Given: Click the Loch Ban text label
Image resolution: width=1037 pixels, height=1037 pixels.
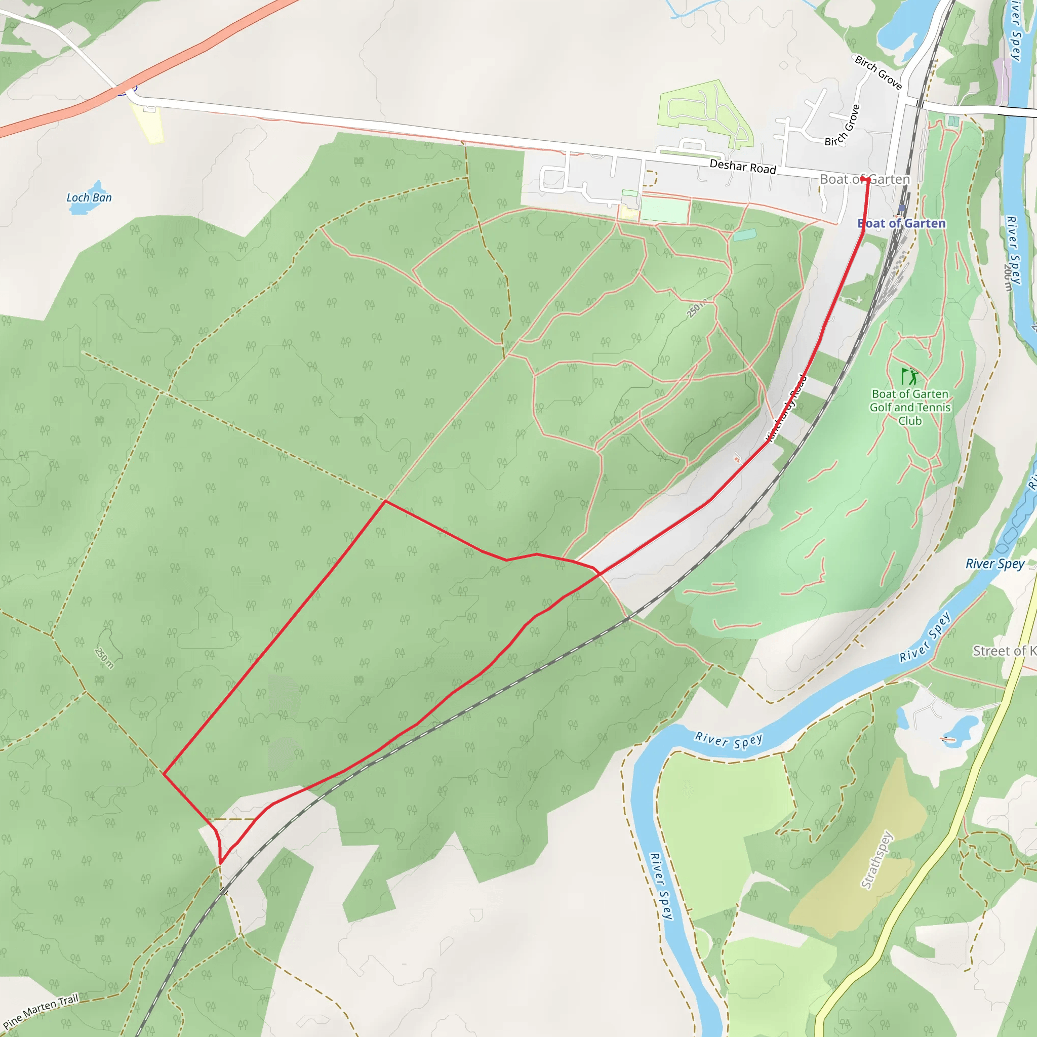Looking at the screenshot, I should (89, 197).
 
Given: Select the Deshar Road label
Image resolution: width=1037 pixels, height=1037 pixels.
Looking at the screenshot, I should (742, 167).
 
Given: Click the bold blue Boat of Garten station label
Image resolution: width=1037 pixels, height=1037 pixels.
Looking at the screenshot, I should (901, 223).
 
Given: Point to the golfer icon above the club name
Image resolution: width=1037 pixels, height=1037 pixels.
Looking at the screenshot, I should (909, 376).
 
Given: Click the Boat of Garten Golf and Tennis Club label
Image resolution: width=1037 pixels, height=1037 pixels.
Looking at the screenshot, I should (910, 408).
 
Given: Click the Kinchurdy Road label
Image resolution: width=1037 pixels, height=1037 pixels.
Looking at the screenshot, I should (787, 409).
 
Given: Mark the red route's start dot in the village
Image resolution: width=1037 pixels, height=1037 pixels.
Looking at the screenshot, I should (864, 178).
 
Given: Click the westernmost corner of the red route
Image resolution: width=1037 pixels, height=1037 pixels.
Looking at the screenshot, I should (163, 774).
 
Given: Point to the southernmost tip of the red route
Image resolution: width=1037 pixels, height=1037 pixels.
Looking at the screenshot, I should (220, 864).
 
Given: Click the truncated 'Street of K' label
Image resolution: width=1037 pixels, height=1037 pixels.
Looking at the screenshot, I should (1004, 651).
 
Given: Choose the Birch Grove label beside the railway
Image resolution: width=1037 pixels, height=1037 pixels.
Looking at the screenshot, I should (878, 72).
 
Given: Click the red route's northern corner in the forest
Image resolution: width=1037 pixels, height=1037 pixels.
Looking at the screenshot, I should (385, 501).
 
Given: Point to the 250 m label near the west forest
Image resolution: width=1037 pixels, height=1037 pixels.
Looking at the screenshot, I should (104, 658).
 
